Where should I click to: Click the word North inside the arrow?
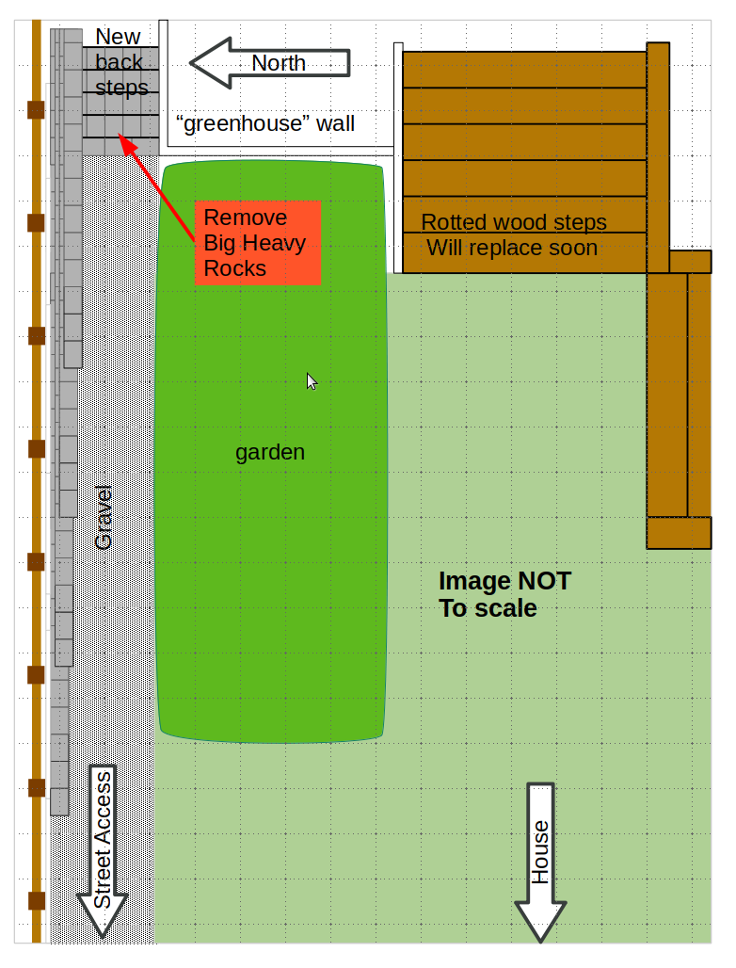[x=279, y=63]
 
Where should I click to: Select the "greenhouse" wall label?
[x=265, y=123]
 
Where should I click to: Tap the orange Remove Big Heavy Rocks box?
[x=258, y=243]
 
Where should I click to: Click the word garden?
[x=270, y=453]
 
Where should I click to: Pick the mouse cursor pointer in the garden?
[x=312, y=381]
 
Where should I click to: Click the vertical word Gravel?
[x=104, y=517]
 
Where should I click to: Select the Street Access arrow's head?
[x=102, y=915]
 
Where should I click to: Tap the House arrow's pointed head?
[x=540, y=921]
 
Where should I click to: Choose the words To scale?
[x=488, y=608]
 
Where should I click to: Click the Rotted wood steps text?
[x=514, y=221]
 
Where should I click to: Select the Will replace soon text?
[x=512, y=248]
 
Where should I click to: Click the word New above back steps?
[x=118, y=37]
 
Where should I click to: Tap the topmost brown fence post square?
[x=37, y=110]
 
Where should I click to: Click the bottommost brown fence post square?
[x=37, y=901]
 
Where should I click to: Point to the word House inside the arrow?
[x=540, y=852]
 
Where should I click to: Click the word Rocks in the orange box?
[x=234, y=268]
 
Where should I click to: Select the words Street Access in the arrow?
[x=103, y=840]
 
